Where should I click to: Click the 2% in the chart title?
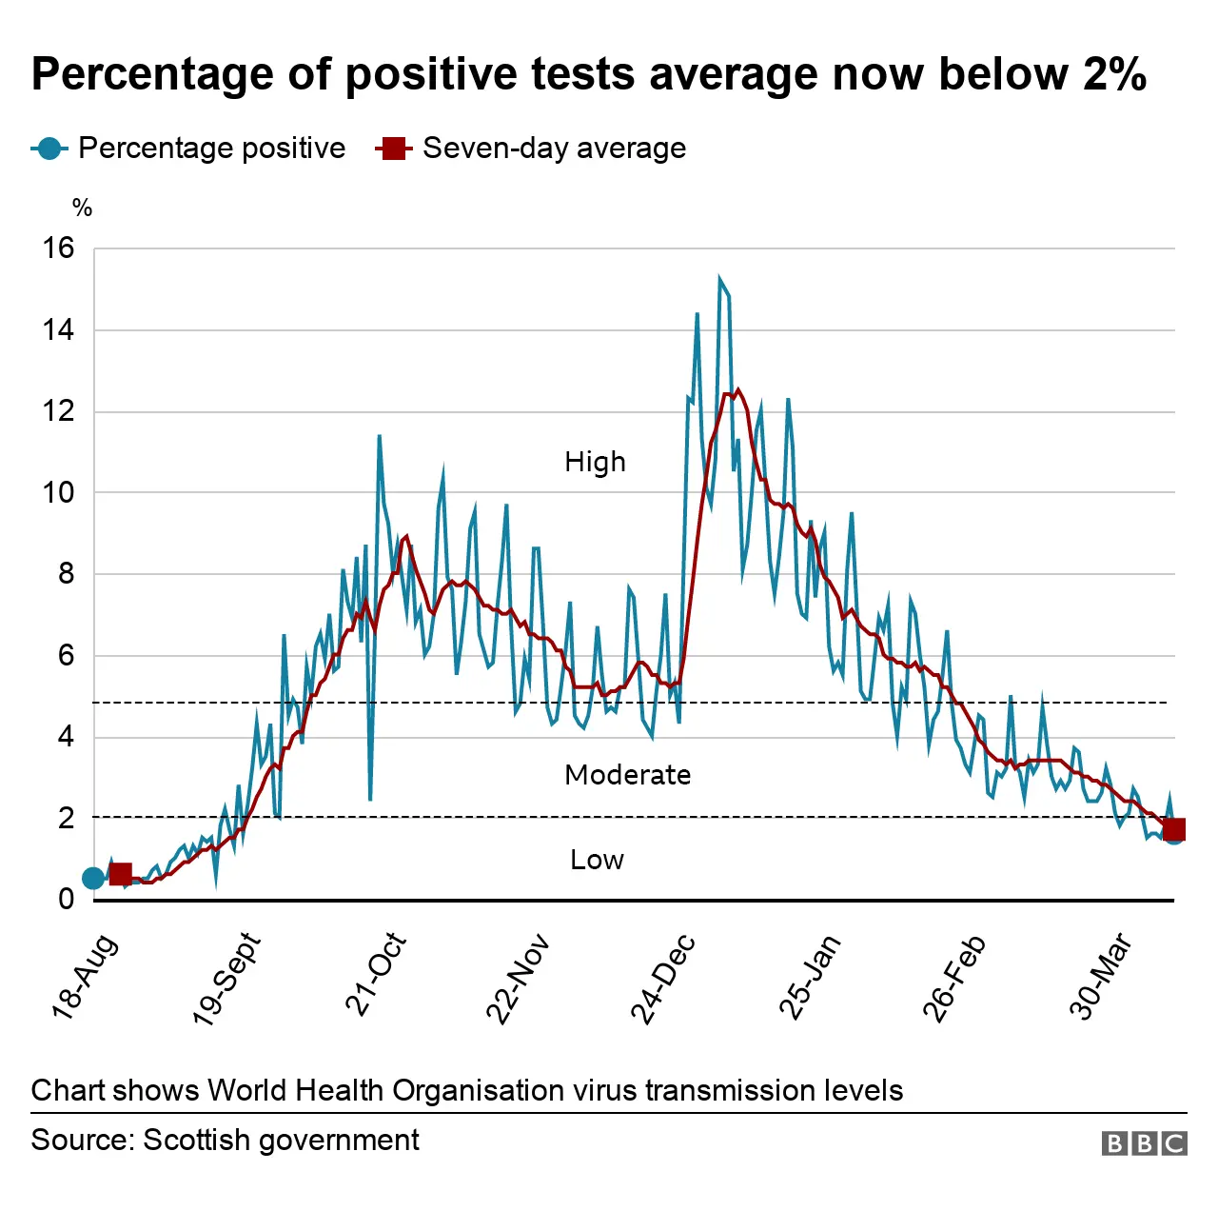(1114, 74)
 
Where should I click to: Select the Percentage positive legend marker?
(49, 149)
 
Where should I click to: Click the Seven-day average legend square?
(392, 149)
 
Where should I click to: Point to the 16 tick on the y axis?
(58, 248)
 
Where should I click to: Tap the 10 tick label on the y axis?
(58, 492)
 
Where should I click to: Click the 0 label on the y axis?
(66, 899)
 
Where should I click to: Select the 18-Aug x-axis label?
(85, 977)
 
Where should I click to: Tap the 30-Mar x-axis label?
(1100, 976)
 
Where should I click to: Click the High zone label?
(595, 462)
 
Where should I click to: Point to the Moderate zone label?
(627, 775)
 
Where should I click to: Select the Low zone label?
(597, 860)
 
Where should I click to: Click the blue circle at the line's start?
(92, 878)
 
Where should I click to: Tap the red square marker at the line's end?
(1174, 829)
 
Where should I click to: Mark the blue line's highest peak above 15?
(720, 278)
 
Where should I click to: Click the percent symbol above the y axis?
(83, 208)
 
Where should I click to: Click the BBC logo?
(1144, 1143)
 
